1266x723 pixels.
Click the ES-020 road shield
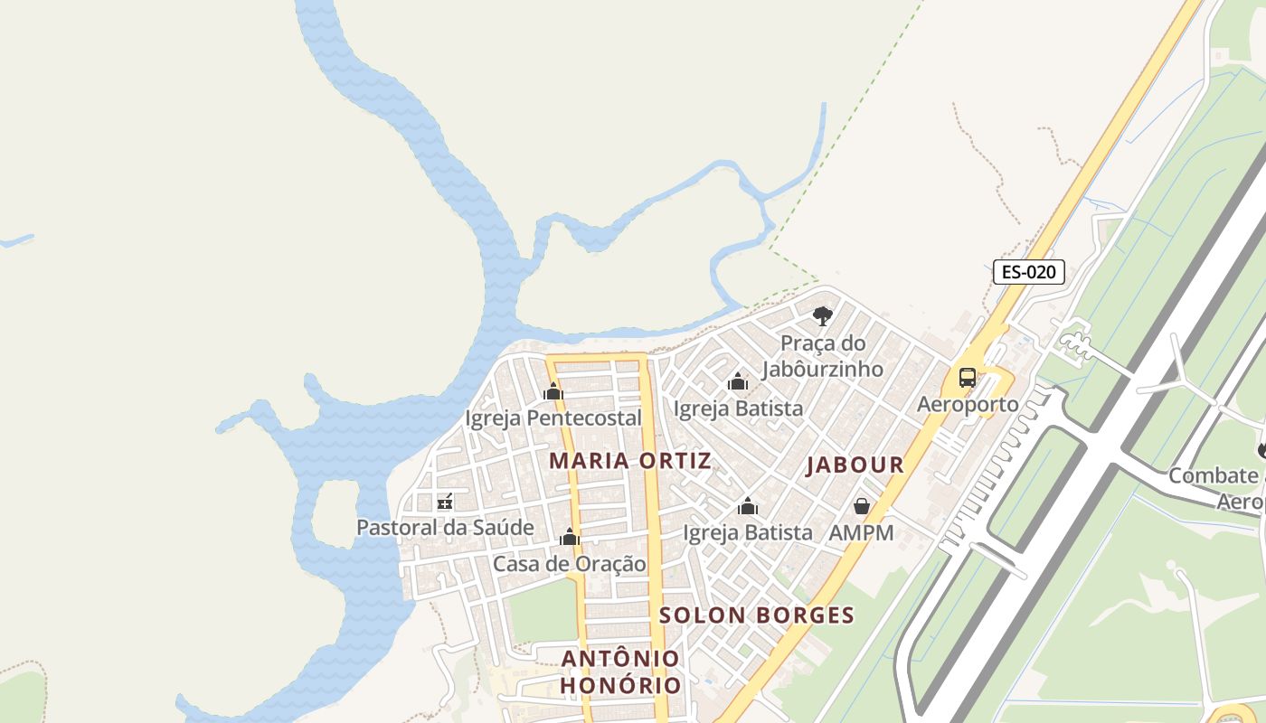coord(1028,272)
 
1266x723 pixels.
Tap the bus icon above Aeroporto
coord(968,378)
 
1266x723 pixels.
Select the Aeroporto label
coord(968,404)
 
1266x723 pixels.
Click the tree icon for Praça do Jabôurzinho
coord(822,316)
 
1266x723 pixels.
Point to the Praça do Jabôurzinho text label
coord(822,356)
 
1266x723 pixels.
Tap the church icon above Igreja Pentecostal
coord(553,392)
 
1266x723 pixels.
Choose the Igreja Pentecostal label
coord(553,418)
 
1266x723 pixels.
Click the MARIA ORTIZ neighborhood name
coord(630,461)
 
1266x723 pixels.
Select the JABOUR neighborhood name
coord(855,465)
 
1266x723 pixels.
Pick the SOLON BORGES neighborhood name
coord(757,615)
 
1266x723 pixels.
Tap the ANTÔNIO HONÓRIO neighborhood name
coord(620,671)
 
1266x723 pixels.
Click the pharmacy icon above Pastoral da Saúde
coord(445,502)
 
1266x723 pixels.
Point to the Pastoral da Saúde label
coord(445,528)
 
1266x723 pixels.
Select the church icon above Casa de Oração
coord(570,538)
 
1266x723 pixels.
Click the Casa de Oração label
coord(570,564)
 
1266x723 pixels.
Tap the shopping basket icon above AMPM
coord(862,506)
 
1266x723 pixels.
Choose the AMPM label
coord(862,533)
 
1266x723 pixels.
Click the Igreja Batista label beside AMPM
coord(748,533)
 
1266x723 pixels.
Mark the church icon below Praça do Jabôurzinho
coord(738,381)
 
